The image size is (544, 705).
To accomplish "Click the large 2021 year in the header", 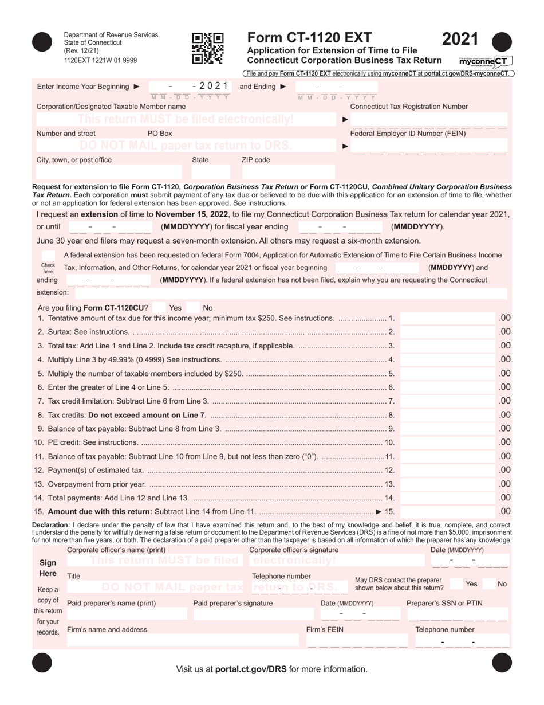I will pyautogui.click(x=460, y=38).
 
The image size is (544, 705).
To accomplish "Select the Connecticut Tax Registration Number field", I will pyautogui.click(x=429, y=120).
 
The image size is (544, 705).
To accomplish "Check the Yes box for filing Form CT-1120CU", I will pyautogui.click(x=161, y=308).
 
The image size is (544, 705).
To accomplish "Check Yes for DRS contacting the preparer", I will pyautogui.click(x=456, y=584).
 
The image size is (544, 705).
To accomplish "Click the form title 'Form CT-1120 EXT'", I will pyautogui.click(x=309, y=38).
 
